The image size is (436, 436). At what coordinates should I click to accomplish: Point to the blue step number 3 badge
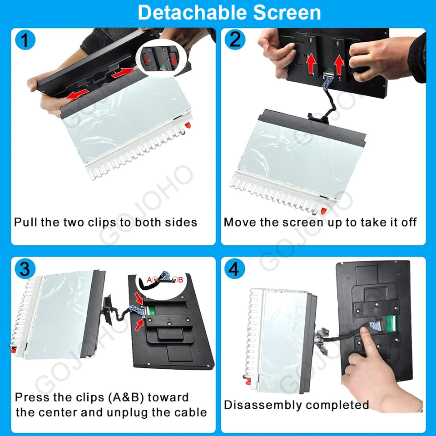tap(25, 269)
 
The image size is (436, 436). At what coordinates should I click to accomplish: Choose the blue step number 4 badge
tap(235, 269)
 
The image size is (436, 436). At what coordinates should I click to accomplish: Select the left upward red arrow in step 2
tap(310, 64)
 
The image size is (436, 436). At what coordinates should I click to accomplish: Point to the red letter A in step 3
tap(149, 280)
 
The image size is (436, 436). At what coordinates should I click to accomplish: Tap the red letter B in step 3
tap(180, 280)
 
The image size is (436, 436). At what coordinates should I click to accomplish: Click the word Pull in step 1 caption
tap(25, 222)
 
